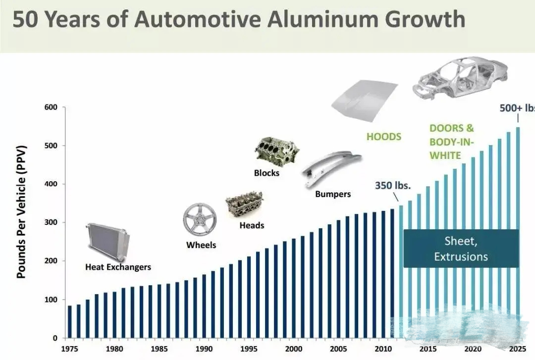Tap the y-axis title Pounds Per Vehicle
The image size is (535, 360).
[x=21, y=211]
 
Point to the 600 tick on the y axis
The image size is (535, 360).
[x=52, y=107]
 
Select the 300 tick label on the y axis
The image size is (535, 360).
[x=52, y=222]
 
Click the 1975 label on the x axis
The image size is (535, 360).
[x=69, y=348]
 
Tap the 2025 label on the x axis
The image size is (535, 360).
[x=518, y=348]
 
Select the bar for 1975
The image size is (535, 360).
[x=70, y=322]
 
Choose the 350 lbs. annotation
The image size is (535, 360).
[x=393, y=186]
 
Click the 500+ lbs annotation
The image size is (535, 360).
[x=517, y=108]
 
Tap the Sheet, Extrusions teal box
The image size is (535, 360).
[x=461, y=249]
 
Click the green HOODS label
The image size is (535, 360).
[x=383, y=136]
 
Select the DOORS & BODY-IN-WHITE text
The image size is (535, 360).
[x=451, y=142]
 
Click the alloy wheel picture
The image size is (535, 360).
[x=200, y=219]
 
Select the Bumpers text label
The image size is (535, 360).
[x=333, y=194]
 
